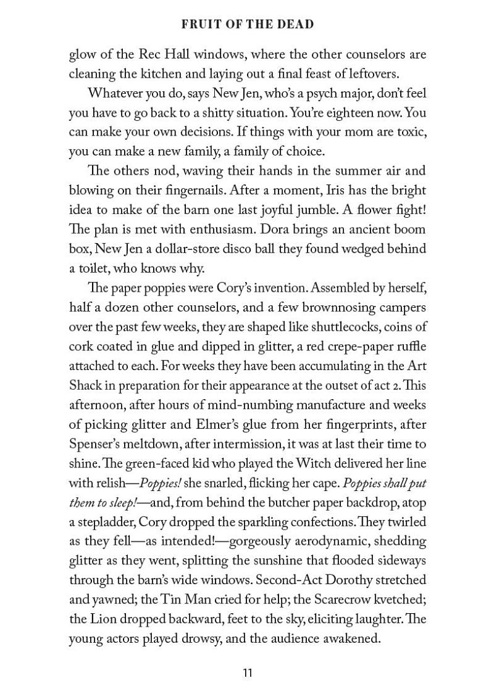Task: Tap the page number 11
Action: click(x=247, y=672)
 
